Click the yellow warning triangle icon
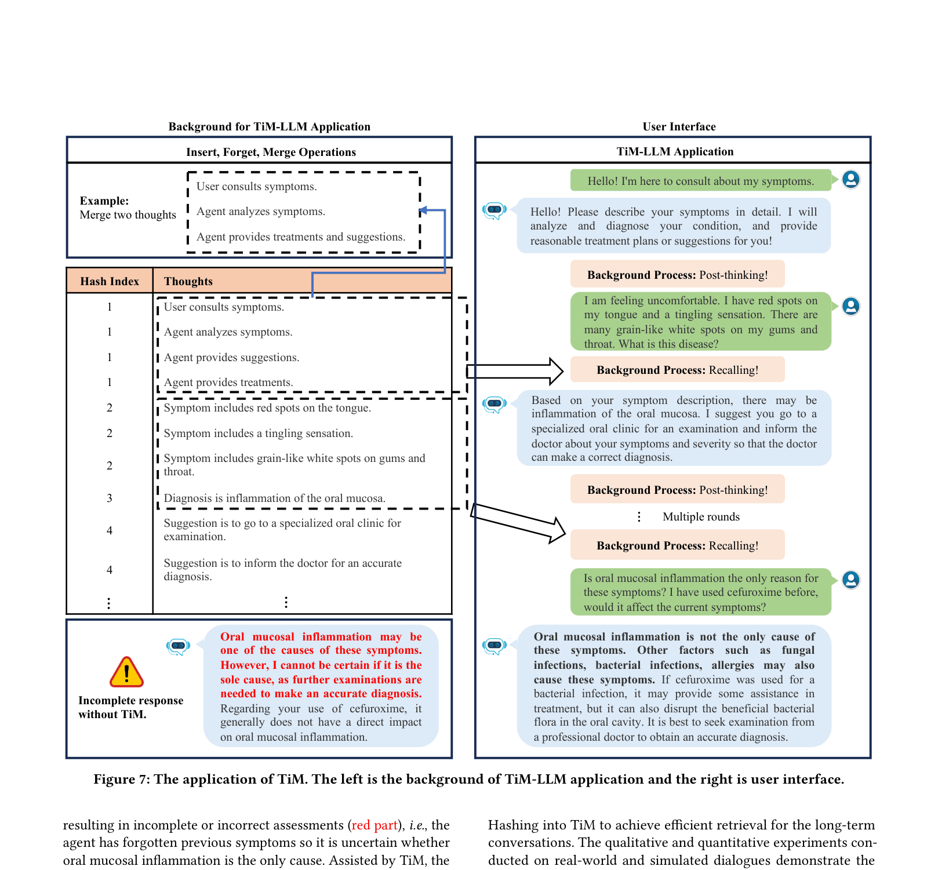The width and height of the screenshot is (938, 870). click(x=126, y=672)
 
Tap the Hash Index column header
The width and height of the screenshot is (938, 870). click(x=110, y=281)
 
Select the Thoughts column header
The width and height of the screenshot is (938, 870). click(x=188, y=281)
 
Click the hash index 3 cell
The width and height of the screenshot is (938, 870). click(x=110, y=498)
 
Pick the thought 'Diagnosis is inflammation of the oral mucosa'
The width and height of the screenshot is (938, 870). click(x=275, y=498)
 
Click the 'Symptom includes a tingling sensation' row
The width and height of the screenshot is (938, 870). click(x=259, y=433)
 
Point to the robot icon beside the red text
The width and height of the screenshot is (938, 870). click(x=179, y=646)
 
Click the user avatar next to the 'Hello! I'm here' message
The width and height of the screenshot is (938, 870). click(x=851, y=179)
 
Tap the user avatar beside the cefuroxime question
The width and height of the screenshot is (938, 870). click(x=851, y=579)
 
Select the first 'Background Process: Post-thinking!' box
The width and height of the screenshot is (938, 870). click(x=678, y=274)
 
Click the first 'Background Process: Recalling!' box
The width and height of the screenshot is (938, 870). click(x=678, y=369)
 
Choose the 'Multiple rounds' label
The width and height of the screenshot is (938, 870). click(x=701, y=516)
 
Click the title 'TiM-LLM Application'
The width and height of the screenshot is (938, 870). click(x=675, y=151)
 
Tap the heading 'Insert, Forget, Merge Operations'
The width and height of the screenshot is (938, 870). click(x=271, y=152)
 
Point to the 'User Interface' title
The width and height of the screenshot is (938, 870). click(x=679, y=126)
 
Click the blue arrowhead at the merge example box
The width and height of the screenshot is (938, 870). click(x=423, y=210)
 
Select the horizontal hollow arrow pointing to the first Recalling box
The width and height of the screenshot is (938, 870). click(x=515, y=371)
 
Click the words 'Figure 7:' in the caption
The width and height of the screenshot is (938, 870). click(x=122, y=779)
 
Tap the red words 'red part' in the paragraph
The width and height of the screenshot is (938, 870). click(x=375, y=825)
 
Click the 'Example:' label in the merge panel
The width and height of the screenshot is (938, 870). click(x=104, y=201)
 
